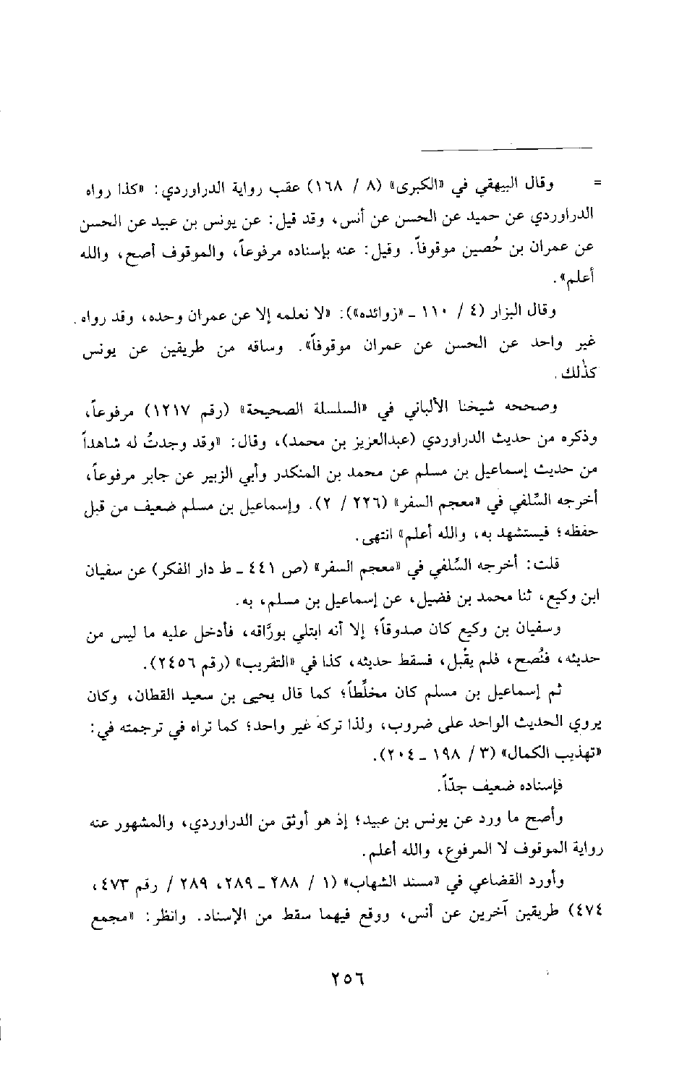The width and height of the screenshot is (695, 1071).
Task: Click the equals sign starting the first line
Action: tap(597, 183)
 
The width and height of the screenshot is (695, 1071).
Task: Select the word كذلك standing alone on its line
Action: tap(586, 376)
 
